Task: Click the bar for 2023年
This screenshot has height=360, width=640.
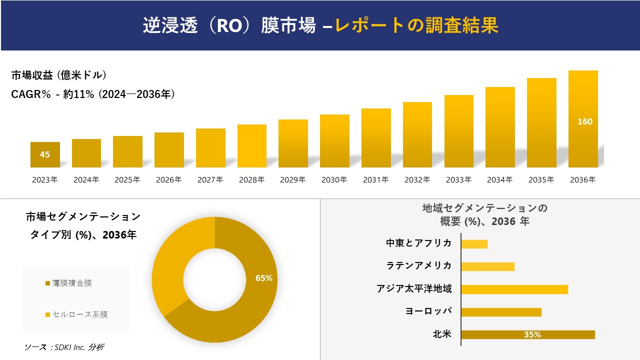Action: (45, 154)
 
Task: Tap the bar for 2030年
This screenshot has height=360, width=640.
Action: (334, 141)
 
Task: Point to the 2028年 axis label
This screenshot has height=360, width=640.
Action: (251, 180)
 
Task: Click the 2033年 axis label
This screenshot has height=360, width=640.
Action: (458, 180)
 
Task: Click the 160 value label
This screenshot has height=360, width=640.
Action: (584, 121)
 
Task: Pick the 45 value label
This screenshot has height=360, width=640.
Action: (45, 154)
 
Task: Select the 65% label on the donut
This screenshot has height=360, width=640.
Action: (263, 278)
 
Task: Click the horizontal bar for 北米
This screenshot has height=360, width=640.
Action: (527, 334)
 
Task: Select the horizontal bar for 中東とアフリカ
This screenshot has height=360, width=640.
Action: (474, 244)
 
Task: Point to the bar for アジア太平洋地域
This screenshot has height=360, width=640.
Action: (514, 289)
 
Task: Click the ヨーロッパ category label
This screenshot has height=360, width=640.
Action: (428, 311)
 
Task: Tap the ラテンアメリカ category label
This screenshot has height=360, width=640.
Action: (418, 265)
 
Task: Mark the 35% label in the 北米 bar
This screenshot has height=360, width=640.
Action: (532, 334)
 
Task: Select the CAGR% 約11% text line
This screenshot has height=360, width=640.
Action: (93, 94)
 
